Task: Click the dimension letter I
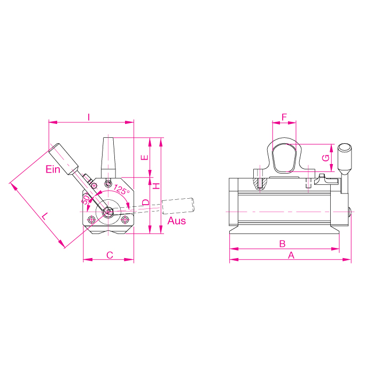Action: tap(89, 116)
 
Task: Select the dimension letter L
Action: tap(45, 216)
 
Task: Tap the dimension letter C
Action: tap(109, 255)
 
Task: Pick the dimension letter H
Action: tap(156, 185)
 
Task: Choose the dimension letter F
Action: tap(284, 116)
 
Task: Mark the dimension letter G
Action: tap(325, 157)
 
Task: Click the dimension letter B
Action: tap(283, 244)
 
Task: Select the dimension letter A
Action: tap(291, 255)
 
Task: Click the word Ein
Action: tap(52, 170)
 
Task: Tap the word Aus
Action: tap(177, 220)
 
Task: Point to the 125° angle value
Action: tap(121, 190)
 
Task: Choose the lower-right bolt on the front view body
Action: tap(125, 219)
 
